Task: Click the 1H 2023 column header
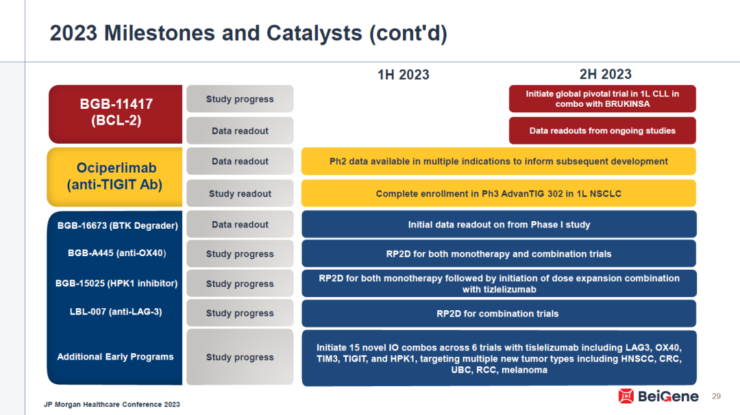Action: pyautogui.click(x=403, y=75)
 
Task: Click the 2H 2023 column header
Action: pyautogui.click(x=606, y=74)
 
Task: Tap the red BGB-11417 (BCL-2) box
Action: pyautogui.click(x=116, y=114)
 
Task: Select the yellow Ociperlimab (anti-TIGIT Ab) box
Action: pyautogui.click(x=114, y=177)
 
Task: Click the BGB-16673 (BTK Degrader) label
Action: pyautogui.click(x=118, y=225)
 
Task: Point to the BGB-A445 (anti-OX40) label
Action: pyautogui.click(x=116, y=253)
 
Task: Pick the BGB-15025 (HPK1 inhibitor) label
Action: pyautogui.click(x=116, y=284)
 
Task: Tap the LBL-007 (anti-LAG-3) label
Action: pyautogui.click(x=116, y=312)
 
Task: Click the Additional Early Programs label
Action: pyautogui.click(x=115, y=357)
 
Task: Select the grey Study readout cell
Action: pyautogui.click(x=240, y=193)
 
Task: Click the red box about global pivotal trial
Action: pyautogui.click(x=602, y=99)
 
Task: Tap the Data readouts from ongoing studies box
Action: pyautogui.click(x=602, y=131)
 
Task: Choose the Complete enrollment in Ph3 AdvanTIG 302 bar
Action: pyautogui.click(x=498, y=193)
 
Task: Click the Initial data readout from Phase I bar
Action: pyautogui.click(x=499, y=225)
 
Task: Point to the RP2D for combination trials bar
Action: pyautogui.click(x=499, y=314)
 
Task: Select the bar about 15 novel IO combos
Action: pyautogui.click(x=499, y=358)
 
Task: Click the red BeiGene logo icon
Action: pyautogui.click(x=626, y=396)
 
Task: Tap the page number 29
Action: pyautogui.click(x=716, y=396)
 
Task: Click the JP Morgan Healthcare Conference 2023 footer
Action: pyautogui.click(x=112, y=404)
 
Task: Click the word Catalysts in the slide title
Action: pyautogui.click(x=314, y=33)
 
